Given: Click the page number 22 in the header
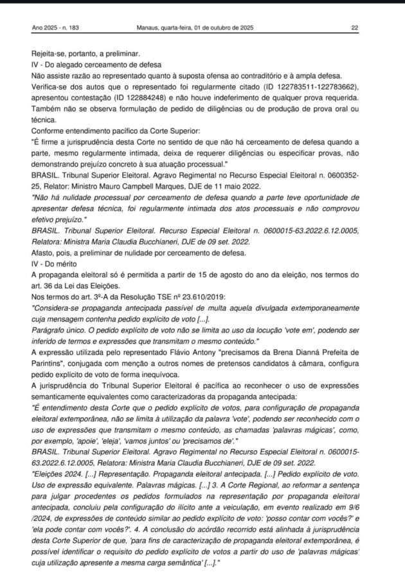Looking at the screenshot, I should [x=355, y=28].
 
